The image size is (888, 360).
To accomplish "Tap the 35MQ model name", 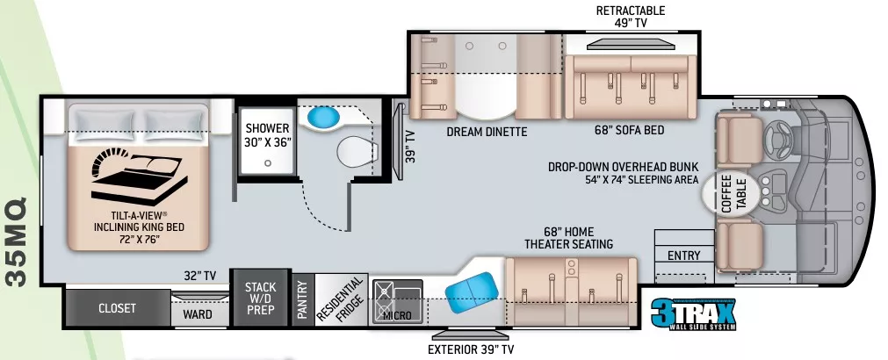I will [19, 241].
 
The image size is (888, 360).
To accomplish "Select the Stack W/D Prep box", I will [260, 299].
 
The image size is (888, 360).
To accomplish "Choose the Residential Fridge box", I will [339, 301].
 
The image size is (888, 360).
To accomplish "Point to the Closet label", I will [117, 308].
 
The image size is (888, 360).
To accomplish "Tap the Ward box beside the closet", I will [198, 313].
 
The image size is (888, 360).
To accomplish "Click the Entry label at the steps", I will [683, 256].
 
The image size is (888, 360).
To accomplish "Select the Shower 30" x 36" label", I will [267, 133].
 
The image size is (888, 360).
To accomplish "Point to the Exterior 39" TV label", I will [472, 349].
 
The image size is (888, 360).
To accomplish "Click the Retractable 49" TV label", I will [631, 17].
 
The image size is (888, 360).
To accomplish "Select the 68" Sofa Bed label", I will [629, 130].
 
